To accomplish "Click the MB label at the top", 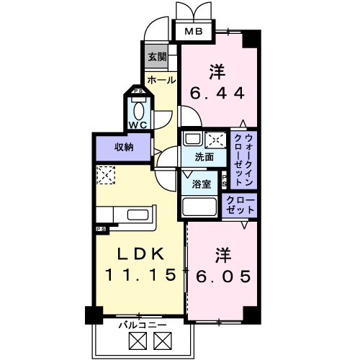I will coord(193,32).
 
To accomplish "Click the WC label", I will coord(138,124).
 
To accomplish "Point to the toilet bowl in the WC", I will coord(138,108).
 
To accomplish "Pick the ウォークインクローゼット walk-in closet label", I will coord(243,158).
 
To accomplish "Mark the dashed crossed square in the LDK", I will coord(107,175).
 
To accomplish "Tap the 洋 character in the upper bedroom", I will coord(217,71).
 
